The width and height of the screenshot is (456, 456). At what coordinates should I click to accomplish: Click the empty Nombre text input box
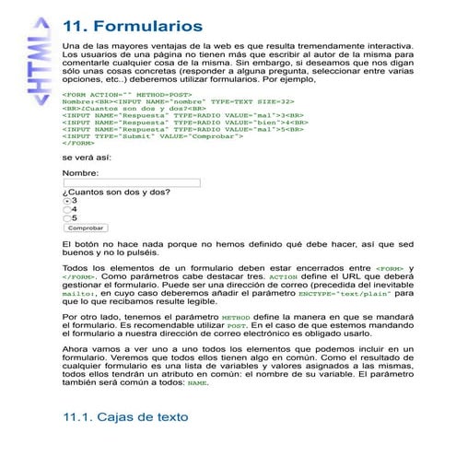pyautogui.click(x=131, y=182)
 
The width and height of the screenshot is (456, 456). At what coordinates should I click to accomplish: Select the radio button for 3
pyautogui.click(x=66, y=200)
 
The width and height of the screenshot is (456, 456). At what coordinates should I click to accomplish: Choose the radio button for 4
pyautogui.click(x=66, y=209)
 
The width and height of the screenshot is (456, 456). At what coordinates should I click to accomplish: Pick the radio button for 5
pyautogui.click(x=66, y=218)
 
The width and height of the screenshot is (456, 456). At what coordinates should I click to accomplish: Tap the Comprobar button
pyautogui.click(x=86, y=228)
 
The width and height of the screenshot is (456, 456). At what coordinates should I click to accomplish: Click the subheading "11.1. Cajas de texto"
pyautogui.click(x=124, y=417)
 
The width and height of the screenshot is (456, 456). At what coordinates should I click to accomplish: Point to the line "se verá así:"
pyautogui.click(x=84, y=158)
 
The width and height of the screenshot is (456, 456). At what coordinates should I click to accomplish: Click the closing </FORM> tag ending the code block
pyautogui.click(x=77, y=144)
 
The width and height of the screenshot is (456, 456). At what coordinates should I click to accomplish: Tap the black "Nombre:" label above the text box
pyautogui.click(x=80, y=172)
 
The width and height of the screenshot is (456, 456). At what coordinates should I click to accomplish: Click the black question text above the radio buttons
pyautogui.click(x=116, y=192)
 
